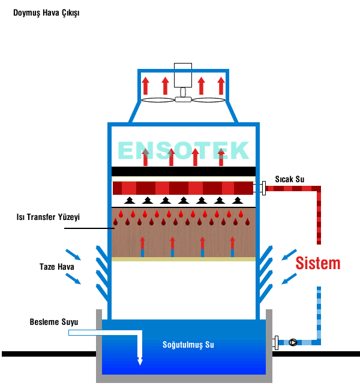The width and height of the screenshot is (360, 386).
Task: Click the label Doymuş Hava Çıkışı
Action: tap(46, 13)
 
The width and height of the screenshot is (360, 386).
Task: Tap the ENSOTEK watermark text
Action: tap(183, 150)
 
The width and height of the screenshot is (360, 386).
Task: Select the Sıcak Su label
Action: tap(290, 179)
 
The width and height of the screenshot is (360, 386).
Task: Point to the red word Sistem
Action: tap(318, 263)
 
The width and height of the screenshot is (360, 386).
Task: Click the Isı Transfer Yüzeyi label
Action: tap(48, 217)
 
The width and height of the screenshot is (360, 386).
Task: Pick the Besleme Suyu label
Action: tap(53, 322)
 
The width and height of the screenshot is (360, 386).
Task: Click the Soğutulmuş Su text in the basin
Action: tap(188, 345)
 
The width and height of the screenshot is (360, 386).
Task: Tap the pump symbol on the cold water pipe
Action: tap(293, 343)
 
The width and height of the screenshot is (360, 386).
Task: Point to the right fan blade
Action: tap(208, 99)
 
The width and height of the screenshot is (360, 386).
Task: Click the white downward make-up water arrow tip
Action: tap(140, 361)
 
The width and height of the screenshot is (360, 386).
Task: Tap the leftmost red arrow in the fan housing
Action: tap(146, 86)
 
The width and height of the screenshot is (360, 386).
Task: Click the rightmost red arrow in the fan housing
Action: tap(221, 86)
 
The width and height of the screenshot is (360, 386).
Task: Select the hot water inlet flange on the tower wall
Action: tap(263, 188)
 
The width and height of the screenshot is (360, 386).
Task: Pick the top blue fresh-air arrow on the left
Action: tap(74, 254)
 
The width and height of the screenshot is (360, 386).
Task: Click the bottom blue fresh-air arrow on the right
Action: tap(289, 278)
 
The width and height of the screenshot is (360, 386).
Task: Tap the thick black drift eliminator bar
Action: tap(184, 171)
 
